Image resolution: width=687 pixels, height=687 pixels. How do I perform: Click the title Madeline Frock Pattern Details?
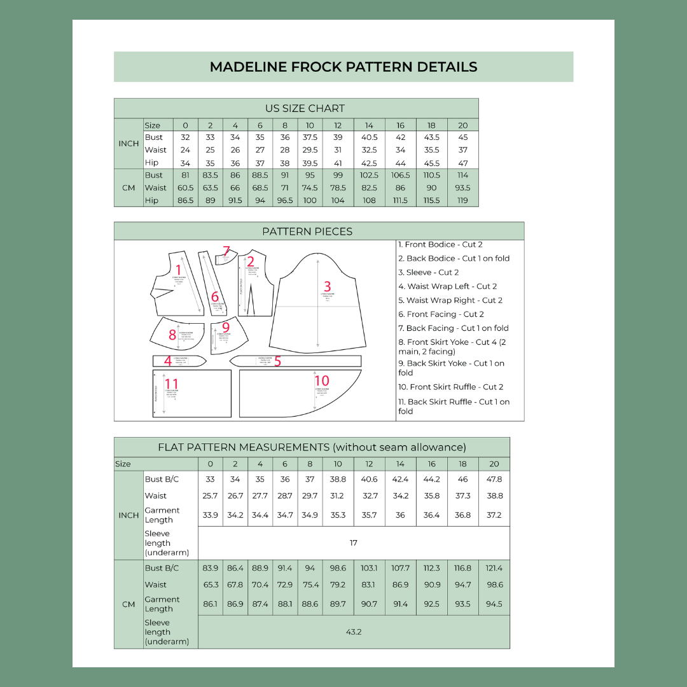coord(343,67)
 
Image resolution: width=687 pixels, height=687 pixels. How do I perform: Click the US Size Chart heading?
coord(305,108)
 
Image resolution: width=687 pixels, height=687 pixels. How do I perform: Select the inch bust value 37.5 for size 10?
coord(310,137)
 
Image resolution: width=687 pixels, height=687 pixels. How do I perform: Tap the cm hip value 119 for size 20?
coord(462,200)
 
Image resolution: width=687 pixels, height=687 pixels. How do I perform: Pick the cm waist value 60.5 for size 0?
coord(185,188)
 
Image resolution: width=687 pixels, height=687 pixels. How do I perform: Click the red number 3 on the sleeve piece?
coord(328,286)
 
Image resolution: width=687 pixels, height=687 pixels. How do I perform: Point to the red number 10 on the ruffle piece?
coord(322,381)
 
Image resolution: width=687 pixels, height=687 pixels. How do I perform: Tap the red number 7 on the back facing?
coord(226,251)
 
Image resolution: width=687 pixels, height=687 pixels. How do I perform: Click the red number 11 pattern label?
coord(172,384)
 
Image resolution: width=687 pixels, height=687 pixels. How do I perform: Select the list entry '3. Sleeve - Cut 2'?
coord(428,272)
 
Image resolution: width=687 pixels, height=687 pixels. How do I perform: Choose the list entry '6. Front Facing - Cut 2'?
coord(441,314)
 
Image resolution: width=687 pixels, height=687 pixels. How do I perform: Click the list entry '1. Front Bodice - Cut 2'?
coord(440,244)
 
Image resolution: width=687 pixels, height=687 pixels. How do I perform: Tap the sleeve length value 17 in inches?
coord(354,543)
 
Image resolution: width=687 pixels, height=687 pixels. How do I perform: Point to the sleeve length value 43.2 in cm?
coord(354,632)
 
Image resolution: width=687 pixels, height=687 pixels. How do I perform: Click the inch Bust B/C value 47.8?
coord(494,479)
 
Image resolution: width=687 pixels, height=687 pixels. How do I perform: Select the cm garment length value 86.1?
coord(210,604)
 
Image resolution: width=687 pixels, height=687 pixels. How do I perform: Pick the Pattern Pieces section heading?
coord(307,231)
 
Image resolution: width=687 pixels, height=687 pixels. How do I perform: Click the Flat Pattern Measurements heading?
coord(312,447)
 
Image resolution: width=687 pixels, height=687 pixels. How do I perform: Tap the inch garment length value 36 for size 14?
coord(400,515)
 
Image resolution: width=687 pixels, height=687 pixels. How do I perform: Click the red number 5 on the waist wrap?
coord(277,361)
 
